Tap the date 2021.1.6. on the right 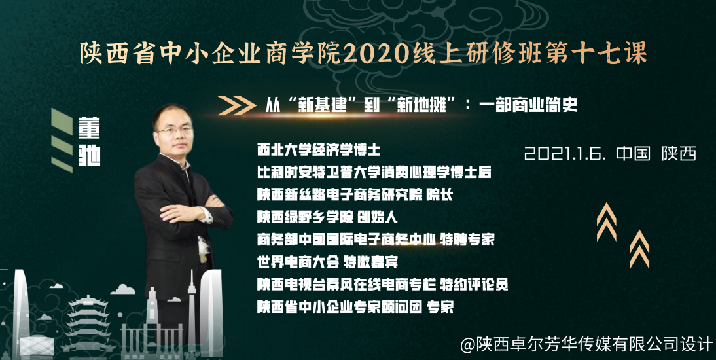click(x=565, y=154)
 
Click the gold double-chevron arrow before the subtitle click(x=236, y=105)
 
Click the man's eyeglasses click(x=174, y=130)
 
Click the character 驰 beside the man click(x=89, y=156)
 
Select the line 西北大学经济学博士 click(x=318, y=150)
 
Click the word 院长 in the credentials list click(x=439, y=195)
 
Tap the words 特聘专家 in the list click(x=467, y=240)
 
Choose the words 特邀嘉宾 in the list click(x=370, y=262)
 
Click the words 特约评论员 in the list click(x=474, y=285)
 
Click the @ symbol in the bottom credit click(x=467, y=344)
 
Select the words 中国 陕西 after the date click(x=656, y=154)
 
